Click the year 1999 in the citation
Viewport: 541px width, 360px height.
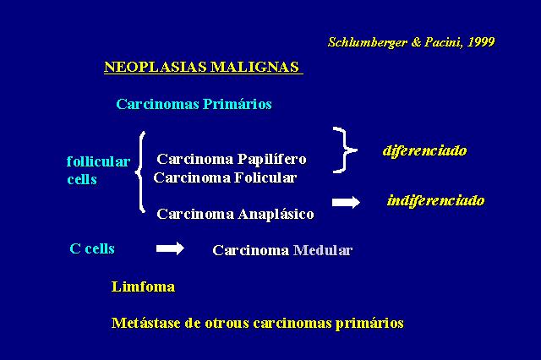(x=481, y=42)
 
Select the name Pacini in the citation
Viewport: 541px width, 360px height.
(x=444, y=42)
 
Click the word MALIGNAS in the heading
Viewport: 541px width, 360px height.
(x=254, y=67)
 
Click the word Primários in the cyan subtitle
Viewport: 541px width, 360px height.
(x=237, y=104)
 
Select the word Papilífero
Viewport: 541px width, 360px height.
(x=272, y=160)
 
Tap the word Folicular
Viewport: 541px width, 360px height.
(x=265, y=177)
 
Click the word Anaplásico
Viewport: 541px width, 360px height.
(x=276, y=214)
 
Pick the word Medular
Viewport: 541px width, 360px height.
(x=323, y=250)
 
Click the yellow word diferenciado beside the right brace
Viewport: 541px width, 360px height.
(x=424, y=150)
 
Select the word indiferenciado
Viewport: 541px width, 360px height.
(x=436, y=200)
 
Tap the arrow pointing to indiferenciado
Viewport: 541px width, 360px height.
(x=346, y=202)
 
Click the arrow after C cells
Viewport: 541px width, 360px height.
(x=170, y=248)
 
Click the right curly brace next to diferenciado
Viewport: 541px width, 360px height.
(x=345, y=150)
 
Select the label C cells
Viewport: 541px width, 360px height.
(x=92, y=248)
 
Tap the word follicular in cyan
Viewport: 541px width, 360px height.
(x=98, y=161)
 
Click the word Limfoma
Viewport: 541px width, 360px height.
(x=143, y=286)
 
